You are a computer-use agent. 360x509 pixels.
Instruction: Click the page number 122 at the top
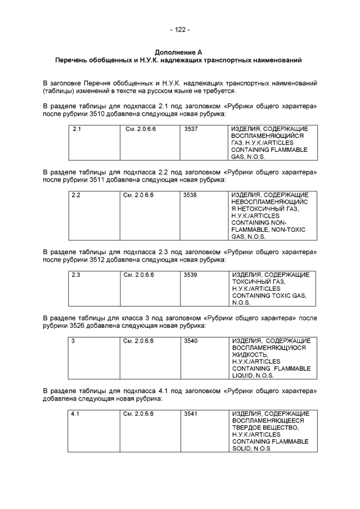coord(179,30)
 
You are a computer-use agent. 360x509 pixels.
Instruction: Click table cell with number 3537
coord(191,129)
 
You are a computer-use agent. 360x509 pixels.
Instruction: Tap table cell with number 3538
coord(191,195)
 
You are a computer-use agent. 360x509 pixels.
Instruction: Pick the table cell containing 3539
coord(191,274)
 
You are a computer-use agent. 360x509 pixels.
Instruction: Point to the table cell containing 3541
coord(191,413)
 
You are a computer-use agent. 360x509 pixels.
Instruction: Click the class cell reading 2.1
coord(77,129)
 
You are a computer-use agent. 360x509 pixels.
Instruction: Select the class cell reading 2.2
coord(77,195)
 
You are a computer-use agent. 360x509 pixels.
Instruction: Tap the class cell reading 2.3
coord(77,274)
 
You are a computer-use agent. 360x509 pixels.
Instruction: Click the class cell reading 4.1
coord(77,413)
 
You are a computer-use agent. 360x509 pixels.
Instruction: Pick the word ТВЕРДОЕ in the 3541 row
coord(247,427)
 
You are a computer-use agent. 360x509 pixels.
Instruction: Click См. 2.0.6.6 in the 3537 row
coord(141,129)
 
